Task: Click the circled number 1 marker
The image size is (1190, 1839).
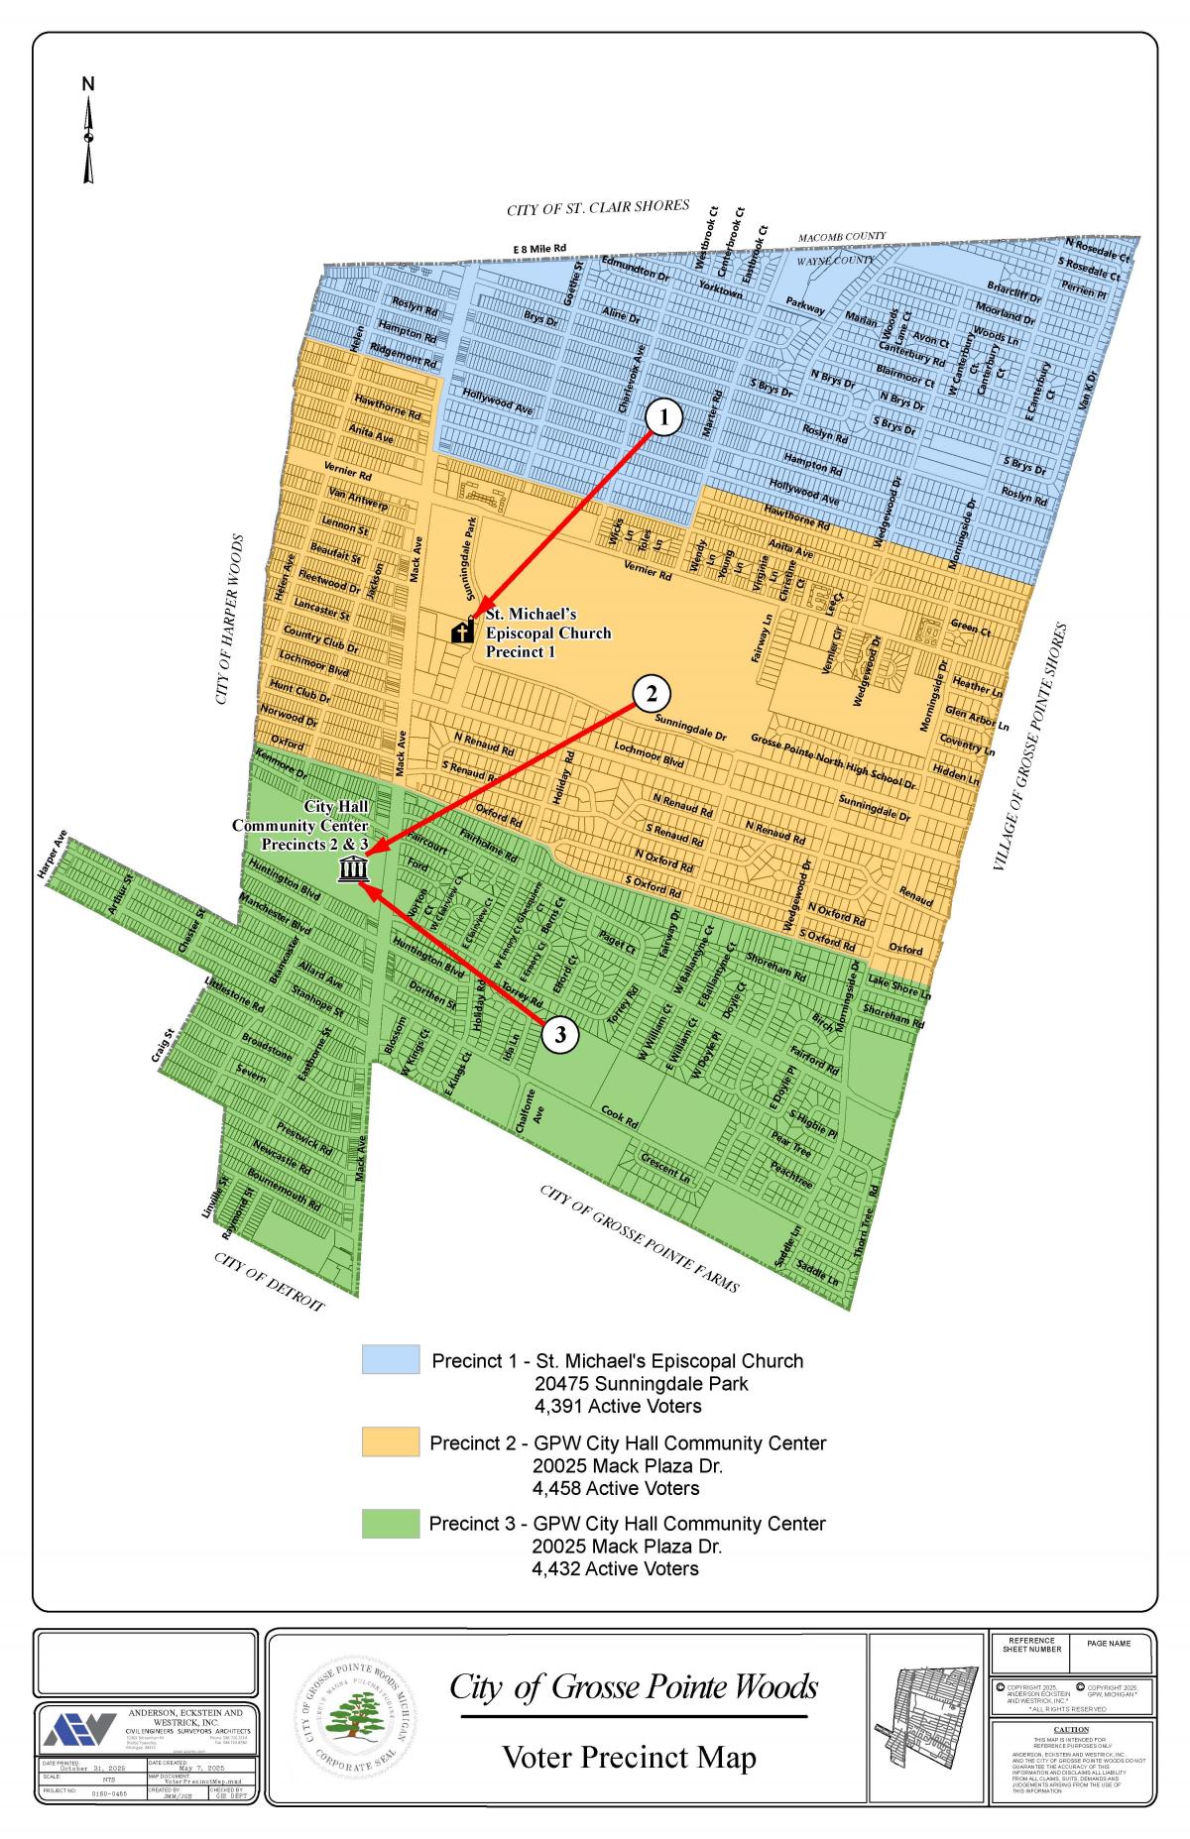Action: pos(664,417)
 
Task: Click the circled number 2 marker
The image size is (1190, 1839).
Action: pos(652,693)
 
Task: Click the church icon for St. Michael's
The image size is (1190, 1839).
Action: pos(462,631)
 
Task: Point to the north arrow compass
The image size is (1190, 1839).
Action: pos(88,134)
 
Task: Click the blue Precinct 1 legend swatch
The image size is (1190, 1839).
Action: pos(391,1359)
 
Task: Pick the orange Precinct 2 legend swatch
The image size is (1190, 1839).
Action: pos(391,1441)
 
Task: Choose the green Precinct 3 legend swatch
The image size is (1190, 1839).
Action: pos(391,1523)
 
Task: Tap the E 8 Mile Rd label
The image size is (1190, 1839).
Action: pos(539,248)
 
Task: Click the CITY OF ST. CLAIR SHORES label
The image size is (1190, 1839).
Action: pos(597,207)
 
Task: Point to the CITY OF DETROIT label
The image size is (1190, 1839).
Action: pos(269,1281)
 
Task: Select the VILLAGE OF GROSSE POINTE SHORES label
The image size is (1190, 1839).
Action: pos(1034,747)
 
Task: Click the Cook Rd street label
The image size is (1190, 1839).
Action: pos(620,1116)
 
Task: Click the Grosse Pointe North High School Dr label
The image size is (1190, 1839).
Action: pos(833,760)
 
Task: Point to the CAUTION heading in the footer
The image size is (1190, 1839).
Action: pos(1073,1728)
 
